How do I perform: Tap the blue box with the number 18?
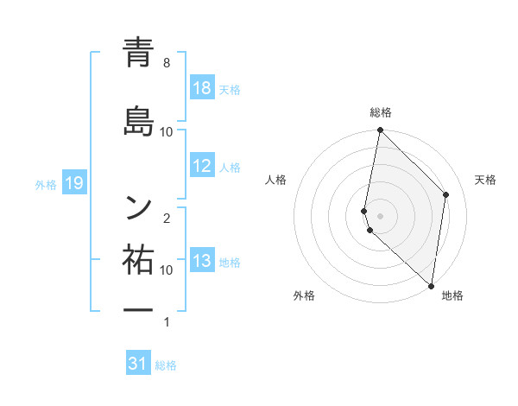coord(202,89)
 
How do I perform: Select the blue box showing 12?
coord(202,167)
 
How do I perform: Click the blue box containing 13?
coord(202,262)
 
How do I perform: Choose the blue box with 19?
coord(73,183)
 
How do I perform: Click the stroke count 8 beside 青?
coord(167,63)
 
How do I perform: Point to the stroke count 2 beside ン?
coord(167,219)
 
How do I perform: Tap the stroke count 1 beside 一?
coord(167,322)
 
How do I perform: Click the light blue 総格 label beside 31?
coord(166,365)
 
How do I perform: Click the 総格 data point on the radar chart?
coord(380,130)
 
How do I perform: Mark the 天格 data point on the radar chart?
coord(446,194)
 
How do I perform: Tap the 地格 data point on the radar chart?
coord(432,286)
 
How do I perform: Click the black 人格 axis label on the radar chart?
coord(276,180)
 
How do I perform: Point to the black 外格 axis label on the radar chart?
coord(304,296)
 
